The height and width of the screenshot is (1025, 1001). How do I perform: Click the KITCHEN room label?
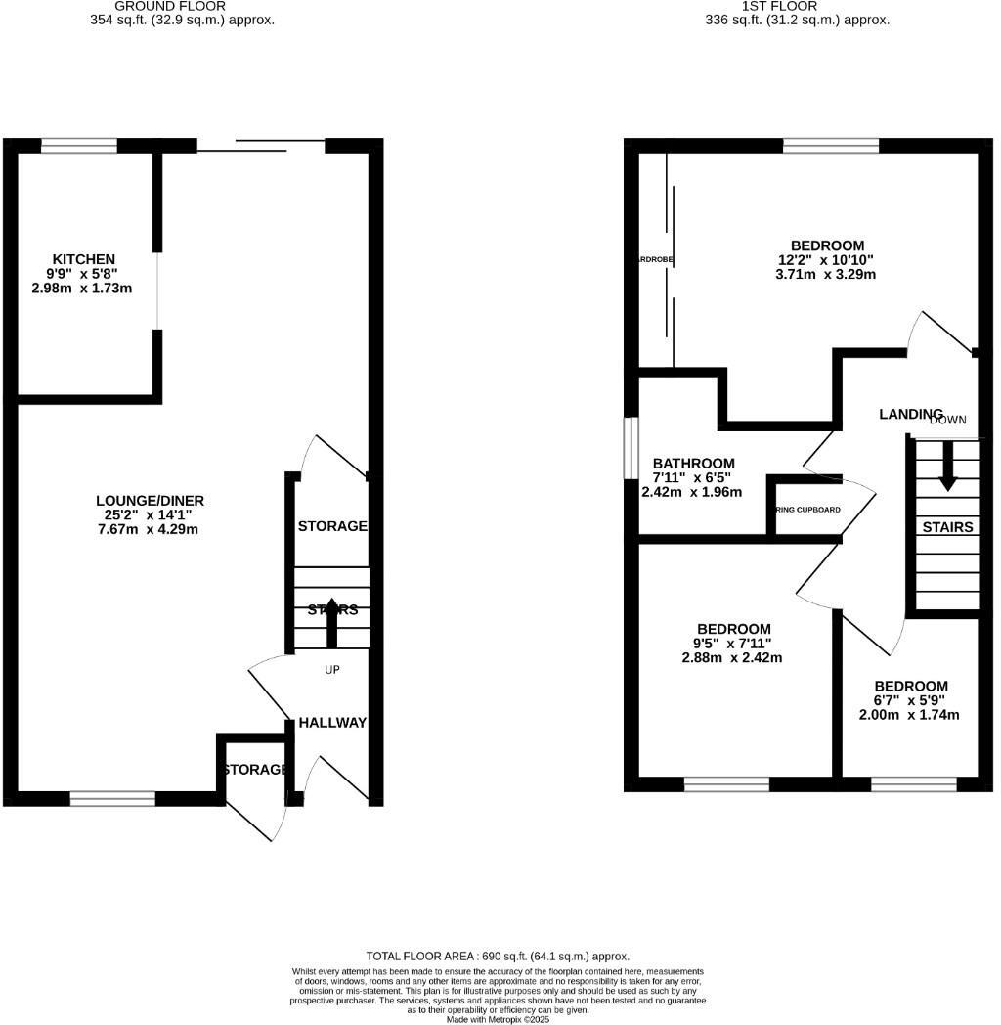(83, 259)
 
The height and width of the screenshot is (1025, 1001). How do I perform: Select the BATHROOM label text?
(693, 464)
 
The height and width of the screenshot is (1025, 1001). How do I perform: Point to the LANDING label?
(910, 415)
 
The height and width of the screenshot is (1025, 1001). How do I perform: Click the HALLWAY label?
(331, 723)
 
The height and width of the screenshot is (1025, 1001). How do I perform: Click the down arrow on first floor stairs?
(947, 468)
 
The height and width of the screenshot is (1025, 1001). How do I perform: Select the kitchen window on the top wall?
(79, 147)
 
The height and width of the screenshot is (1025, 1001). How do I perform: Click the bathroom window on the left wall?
(631, 448)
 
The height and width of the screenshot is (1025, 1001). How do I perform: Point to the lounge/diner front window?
(112, 799)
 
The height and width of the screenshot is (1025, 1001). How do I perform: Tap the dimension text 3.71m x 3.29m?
(827, 275)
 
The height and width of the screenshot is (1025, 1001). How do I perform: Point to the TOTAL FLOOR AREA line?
(499, 956)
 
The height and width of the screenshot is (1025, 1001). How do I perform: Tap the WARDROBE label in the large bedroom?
(654, 259)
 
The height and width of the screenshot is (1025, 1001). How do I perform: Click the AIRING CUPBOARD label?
(808, 510)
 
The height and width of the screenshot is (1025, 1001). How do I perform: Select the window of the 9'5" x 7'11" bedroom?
(726, 783)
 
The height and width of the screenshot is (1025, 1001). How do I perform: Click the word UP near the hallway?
(332, 670)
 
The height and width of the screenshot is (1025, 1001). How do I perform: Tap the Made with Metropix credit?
(499, 1019)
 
